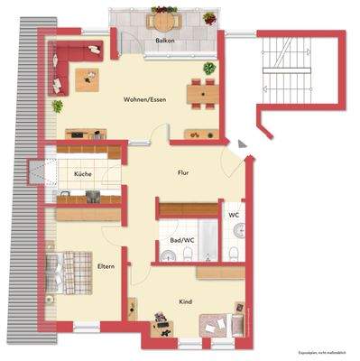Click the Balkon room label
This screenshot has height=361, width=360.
click(165, 42)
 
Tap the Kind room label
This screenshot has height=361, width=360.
click(186, 302)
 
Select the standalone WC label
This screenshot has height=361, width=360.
click(233, 215)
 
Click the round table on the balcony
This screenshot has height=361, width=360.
click(162, 20)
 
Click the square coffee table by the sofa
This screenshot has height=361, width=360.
click(88, 81)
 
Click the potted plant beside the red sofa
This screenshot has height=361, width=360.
click(57, 106)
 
